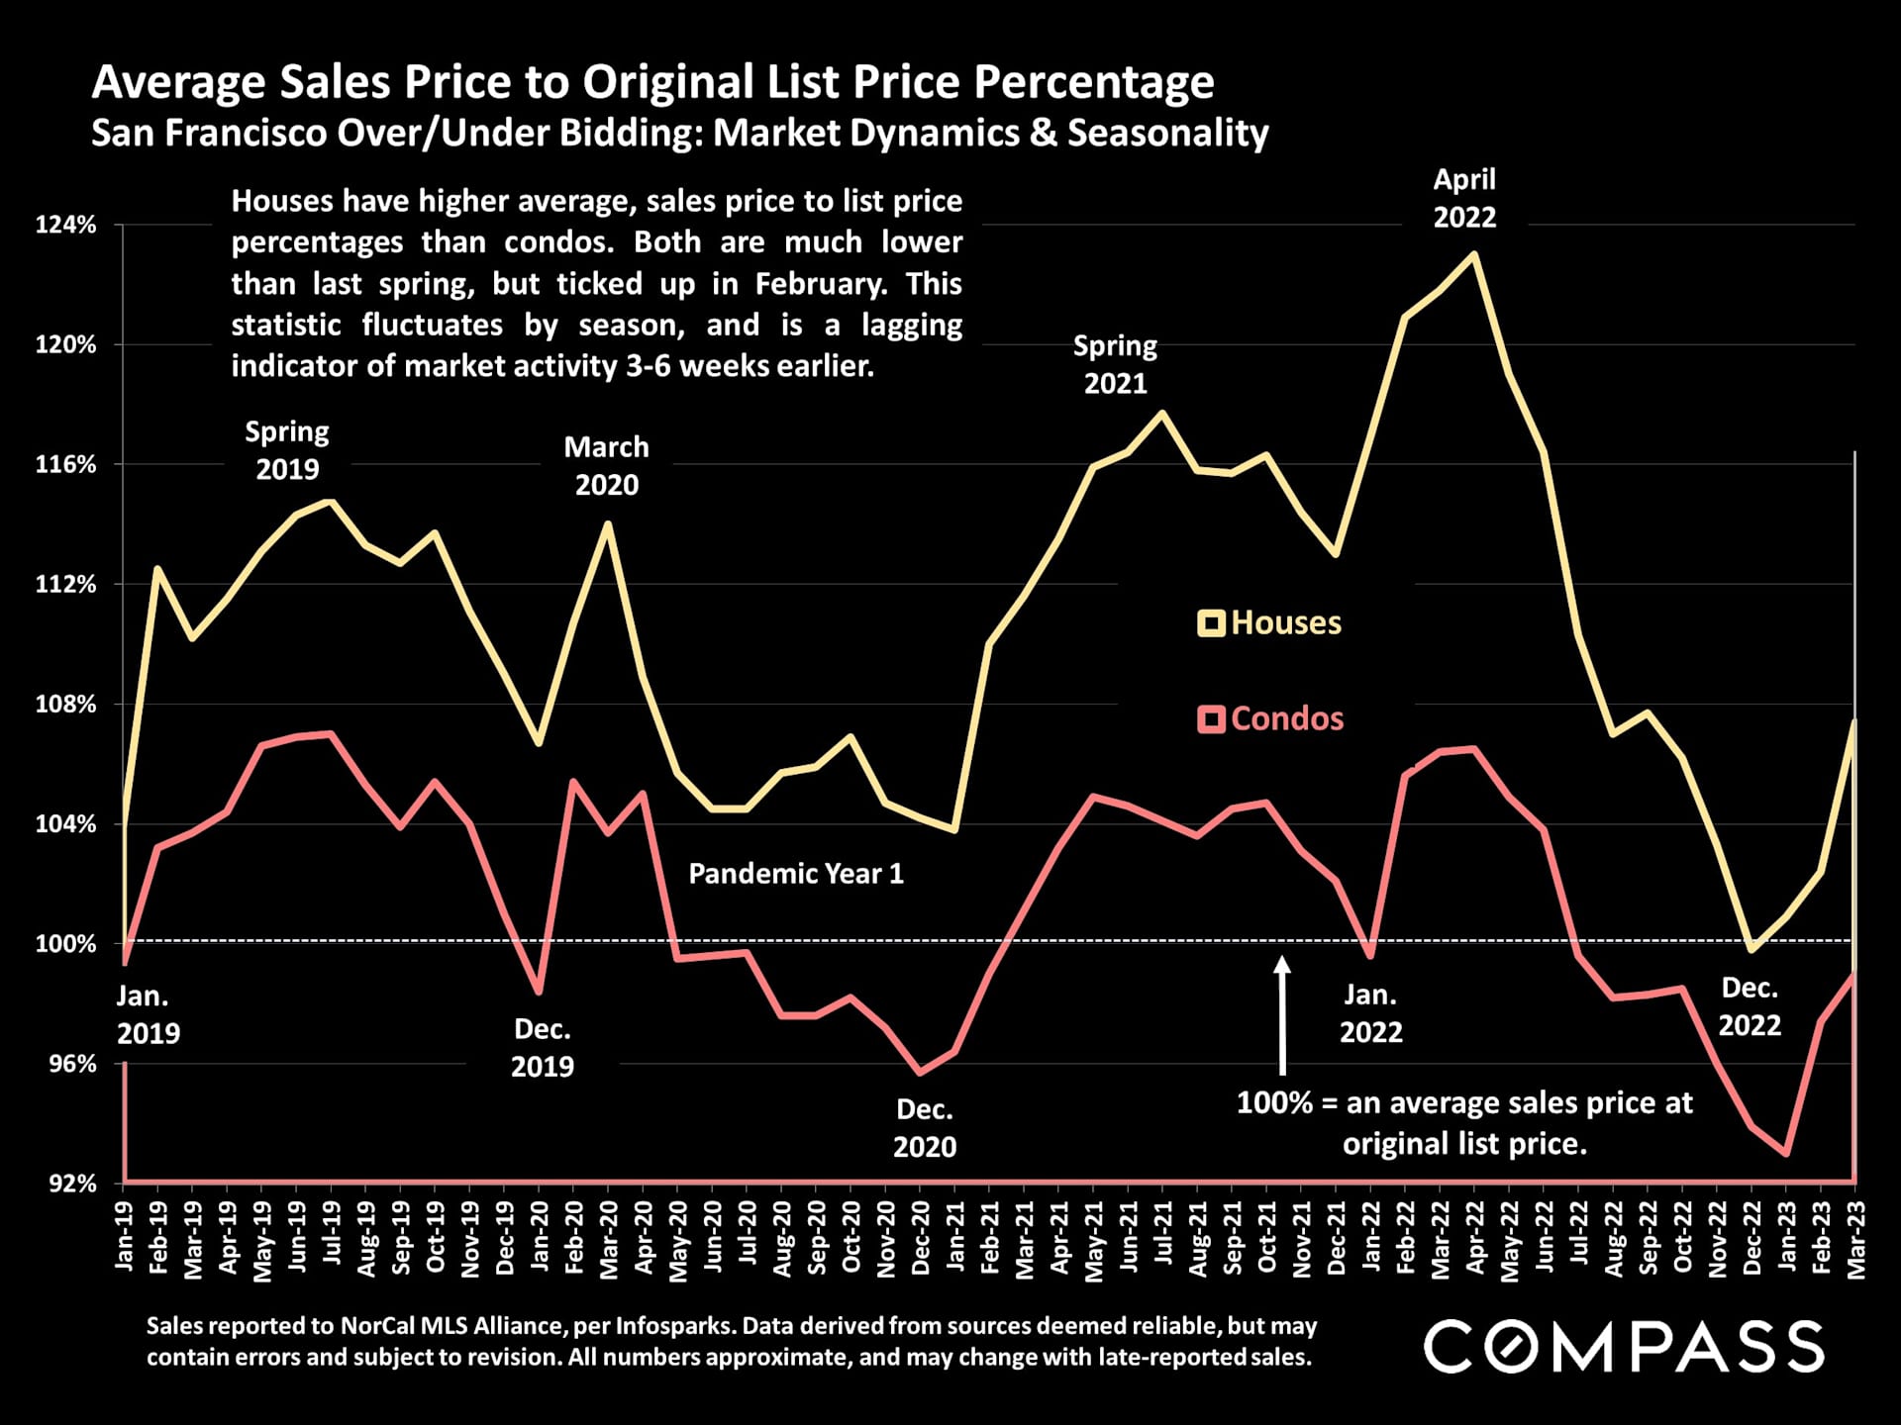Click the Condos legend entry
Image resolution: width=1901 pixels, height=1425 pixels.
point(1270,718)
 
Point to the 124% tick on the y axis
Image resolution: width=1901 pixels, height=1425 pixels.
point(66,225)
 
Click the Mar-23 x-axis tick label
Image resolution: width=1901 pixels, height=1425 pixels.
point(1855,1240)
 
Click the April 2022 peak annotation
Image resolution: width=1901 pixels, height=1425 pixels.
point(1464,198)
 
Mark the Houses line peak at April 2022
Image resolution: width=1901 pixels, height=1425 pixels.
point(1474,254)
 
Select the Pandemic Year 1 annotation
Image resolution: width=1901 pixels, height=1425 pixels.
point(795,874)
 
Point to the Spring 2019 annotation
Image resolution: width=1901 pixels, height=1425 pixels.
point(287,450)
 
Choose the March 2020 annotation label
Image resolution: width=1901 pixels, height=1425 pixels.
point(606,466)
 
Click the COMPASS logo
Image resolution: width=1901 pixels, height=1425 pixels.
point(1623,1345)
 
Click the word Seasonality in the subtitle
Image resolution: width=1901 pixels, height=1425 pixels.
point(1167,133)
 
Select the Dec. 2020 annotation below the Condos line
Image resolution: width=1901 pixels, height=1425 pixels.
point(925,1128)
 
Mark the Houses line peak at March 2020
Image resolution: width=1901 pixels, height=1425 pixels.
point(608,523)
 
